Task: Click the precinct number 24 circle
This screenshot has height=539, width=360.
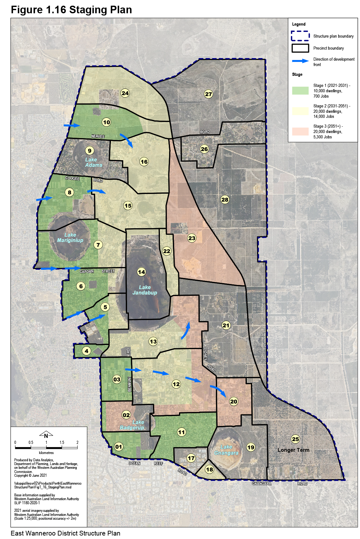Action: click(125, 93)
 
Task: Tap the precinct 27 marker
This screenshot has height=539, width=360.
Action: click(208, 94)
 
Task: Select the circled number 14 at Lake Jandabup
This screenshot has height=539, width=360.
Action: click(141, 272)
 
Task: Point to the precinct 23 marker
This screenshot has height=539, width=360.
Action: click(192, 238)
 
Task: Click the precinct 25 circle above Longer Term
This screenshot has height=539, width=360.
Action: click(295, 439)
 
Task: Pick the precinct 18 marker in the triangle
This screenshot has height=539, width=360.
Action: click(209, 469)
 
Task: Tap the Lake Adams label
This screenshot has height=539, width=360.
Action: click(94, 162)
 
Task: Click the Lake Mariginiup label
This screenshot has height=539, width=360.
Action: click(70, 238)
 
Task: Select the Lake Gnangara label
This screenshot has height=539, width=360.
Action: click(226, 450)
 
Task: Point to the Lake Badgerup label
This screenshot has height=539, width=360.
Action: click(132, 425)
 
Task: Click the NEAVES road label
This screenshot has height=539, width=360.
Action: click(98, 136)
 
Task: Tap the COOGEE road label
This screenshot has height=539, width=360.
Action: click(72, 178)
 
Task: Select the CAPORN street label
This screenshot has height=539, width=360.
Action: click(87, 271)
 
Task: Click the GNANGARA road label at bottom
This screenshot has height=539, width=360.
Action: click(261, 483)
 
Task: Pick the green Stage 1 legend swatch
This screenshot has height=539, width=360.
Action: click(300, 91)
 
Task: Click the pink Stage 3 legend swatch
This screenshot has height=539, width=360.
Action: click(300, 131)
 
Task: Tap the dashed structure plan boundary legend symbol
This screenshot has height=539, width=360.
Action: click(300, 36)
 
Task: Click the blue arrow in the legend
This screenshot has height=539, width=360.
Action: click(300, 61)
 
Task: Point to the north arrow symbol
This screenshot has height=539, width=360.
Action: click(46, 435)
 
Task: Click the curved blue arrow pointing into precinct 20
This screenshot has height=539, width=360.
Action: click(218, 391)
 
